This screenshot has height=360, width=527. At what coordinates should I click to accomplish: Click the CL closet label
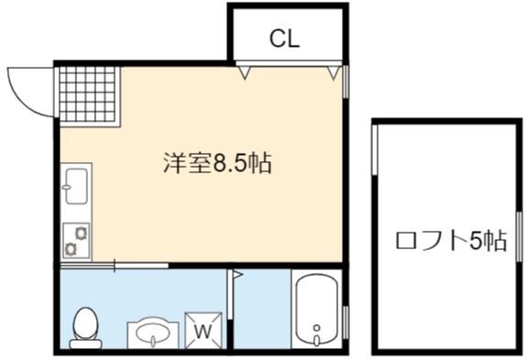tap(284, 38)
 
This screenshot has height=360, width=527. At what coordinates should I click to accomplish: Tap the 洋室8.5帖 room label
tap(217, 163)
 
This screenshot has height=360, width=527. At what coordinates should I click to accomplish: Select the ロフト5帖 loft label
tap(451, 240)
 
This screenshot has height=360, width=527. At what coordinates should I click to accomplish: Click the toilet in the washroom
tap(85, 328)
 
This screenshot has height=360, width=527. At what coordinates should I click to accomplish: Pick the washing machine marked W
tap(203, 331)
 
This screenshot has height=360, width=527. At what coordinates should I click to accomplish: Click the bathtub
tap(316, 310)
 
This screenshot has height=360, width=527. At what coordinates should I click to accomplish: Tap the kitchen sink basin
tap(77, 186)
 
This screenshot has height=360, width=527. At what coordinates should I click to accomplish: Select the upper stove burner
tap(81, 233)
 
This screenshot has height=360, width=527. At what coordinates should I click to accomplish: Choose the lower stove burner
tap(71, 249)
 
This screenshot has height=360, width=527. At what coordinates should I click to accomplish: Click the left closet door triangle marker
tap(245, 72)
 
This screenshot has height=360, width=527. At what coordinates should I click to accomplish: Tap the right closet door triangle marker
tap(334, 72)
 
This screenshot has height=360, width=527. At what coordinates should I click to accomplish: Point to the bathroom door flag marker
tap(237, 275)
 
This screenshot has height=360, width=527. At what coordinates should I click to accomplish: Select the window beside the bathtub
tap(346, 322)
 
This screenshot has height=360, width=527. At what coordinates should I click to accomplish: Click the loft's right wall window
tap(520, 236)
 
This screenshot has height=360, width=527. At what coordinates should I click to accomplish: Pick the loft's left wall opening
tap(375, 150)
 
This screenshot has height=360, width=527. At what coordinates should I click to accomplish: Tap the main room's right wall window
tap(346, 82)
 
